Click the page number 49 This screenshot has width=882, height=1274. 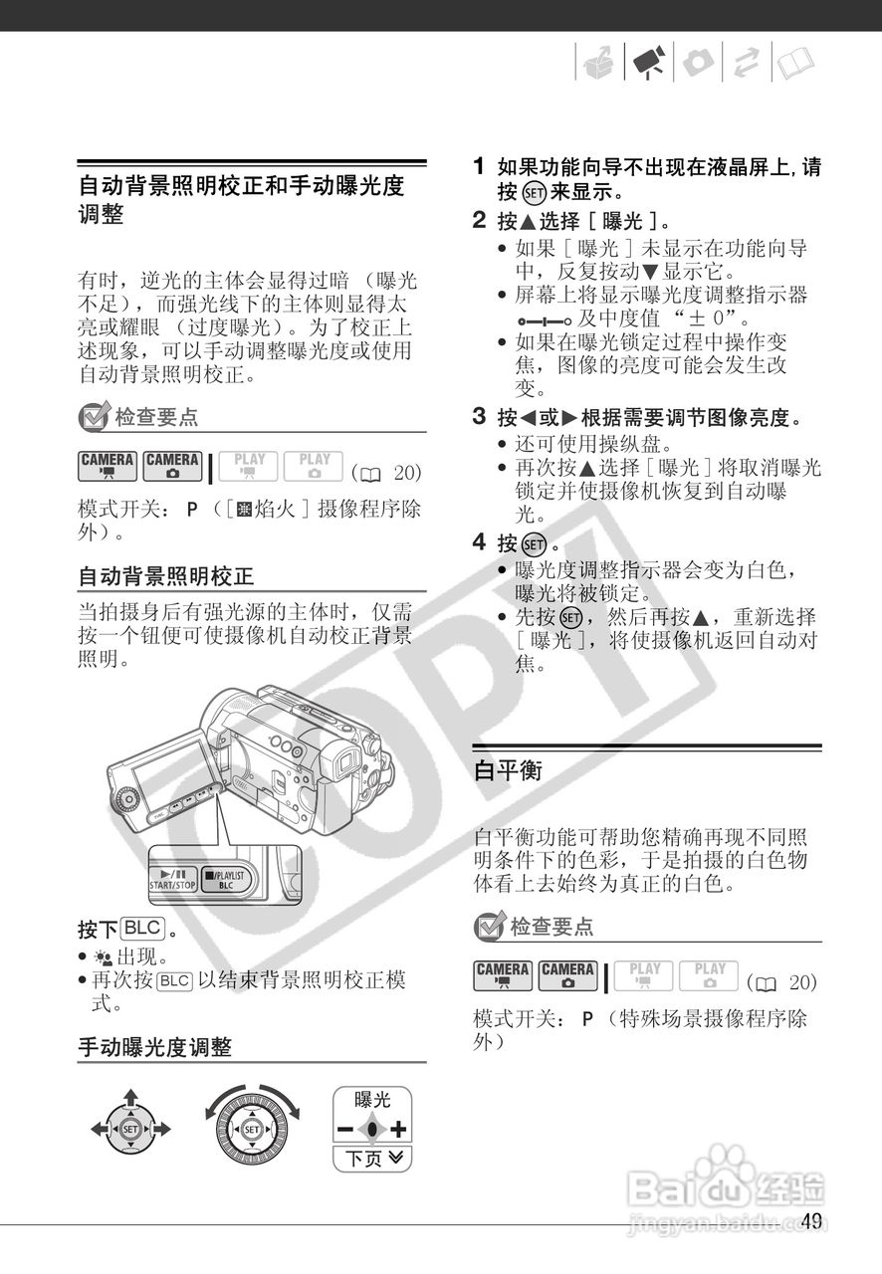(810, 1221)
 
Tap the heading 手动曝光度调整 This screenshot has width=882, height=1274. (154, 1047)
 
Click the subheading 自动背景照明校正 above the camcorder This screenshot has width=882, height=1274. (166, 575)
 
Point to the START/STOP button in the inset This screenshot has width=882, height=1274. (172, 879)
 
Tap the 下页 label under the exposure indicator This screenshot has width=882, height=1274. (370, 1159)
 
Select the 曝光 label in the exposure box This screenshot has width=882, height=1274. (371, 1100)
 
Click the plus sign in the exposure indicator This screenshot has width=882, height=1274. (398, 1129)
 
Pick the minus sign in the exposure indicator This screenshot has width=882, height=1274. (344, 1129)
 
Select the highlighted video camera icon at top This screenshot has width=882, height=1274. (647, 64)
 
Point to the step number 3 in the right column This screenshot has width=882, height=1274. (479, 415)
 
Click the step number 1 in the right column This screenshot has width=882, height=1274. (479, 167)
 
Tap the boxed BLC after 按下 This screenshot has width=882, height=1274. (141, 929)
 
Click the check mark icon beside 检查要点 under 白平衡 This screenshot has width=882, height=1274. (488, 928)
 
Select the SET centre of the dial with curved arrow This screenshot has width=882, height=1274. (251, 1130)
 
